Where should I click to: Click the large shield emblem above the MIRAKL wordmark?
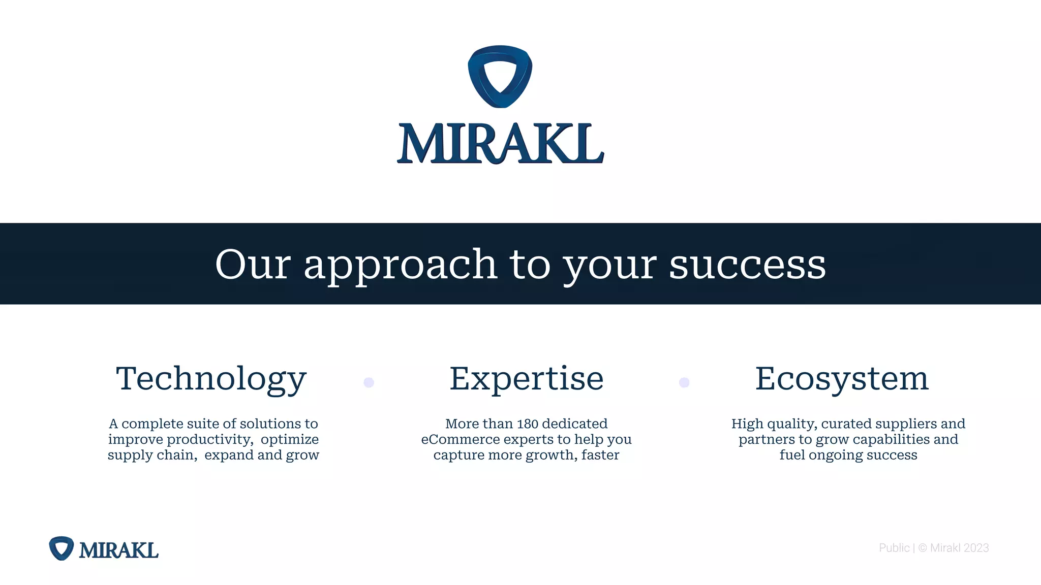click(500, 76)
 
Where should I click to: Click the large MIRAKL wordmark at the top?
click(501, 144)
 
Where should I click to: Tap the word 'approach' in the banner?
click(400, 265)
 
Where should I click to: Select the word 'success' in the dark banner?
click(747, 265)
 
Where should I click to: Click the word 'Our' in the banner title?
click(253, 265)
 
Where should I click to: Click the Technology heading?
click(211, 379)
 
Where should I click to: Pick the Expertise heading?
click(527, 379)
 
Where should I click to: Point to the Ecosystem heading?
click(842, 379)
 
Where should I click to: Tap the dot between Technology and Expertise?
click(369, 382)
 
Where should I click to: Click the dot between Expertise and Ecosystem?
click(684, 382)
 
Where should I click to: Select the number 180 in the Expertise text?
click(527, 424)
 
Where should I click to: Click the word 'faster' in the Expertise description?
click(600, 455)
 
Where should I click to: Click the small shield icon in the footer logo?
click(62, 548)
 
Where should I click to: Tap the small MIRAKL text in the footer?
click(118, 550)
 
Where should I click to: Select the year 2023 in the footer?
click(976, 548)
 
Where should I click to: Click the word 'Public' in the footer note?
click(894, 548)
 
